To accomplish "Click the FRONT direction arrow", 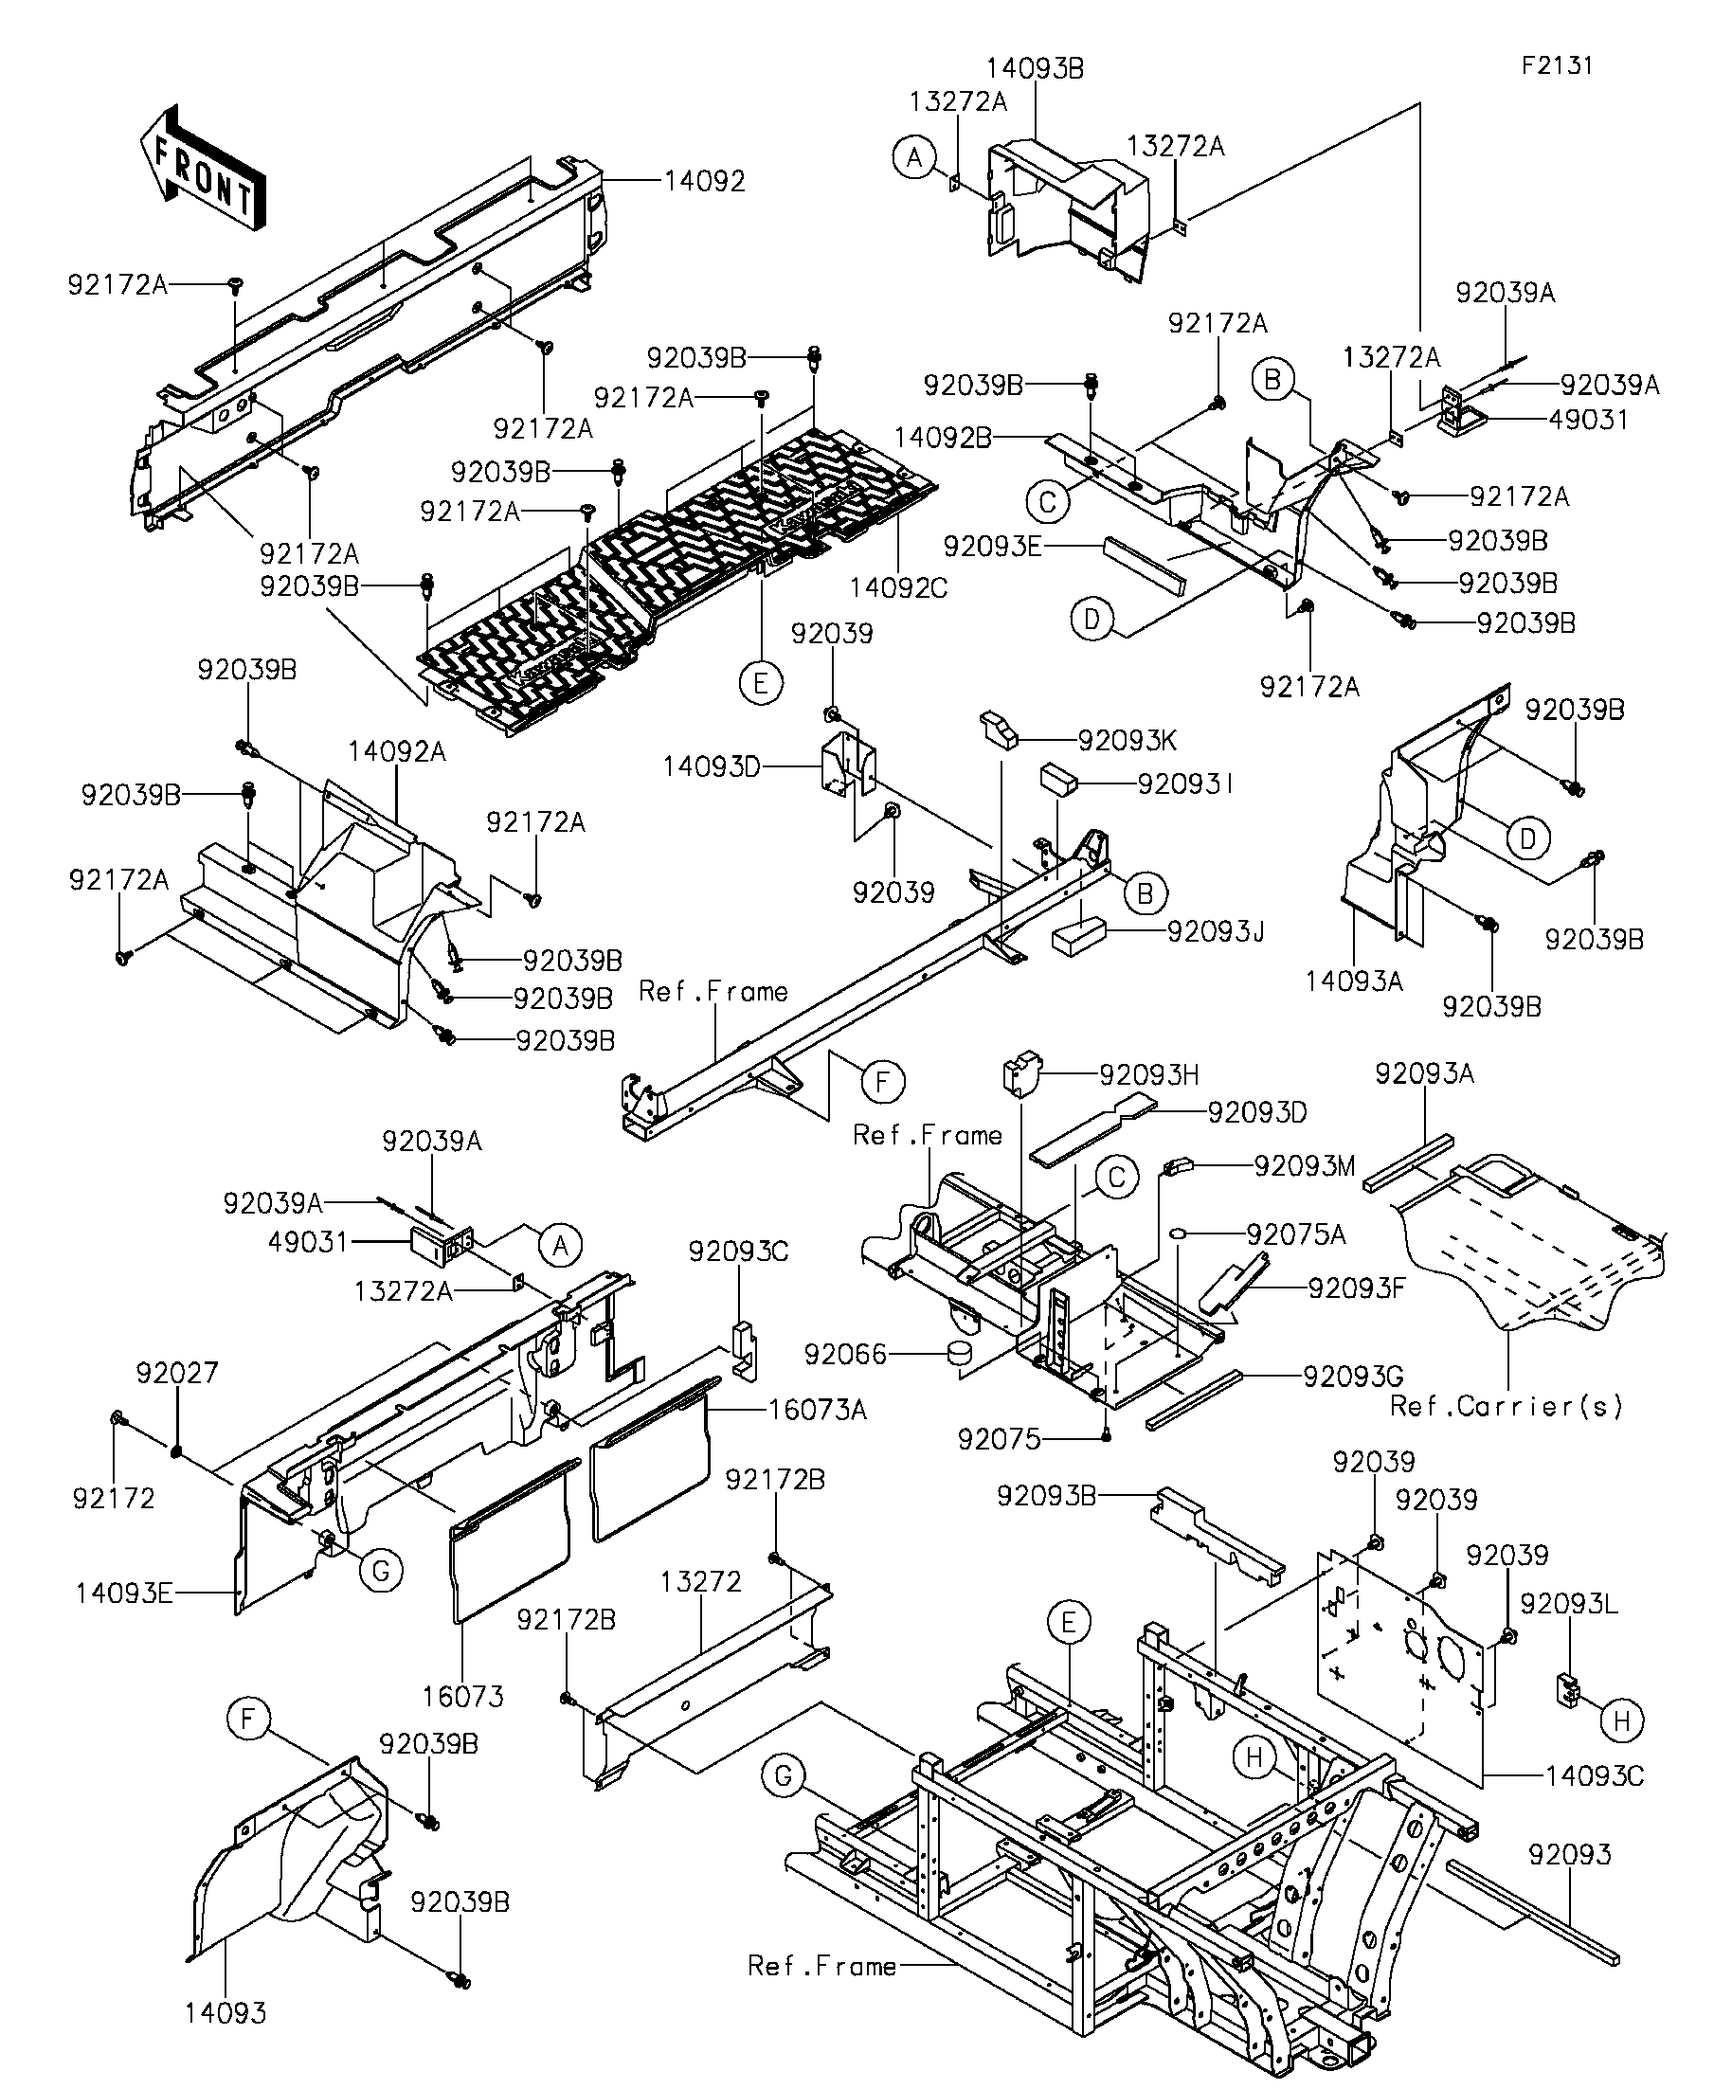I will tap(202, 168).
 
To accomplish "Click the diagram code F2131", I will tap(1557, 65).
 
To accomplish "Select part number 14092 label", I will tap(704, 181).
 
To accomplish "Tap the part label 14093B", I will tap(1035, 68).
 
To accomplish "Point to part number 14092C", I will tap(898, 588).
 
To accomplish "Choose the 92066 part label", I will tap(845, 1354).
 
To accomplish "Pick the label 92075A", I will tap(1295, 1234).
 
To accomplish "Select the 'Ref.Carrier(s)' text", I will tap(1506, 1406).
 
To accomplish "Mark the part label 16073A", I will tap(817, 1410).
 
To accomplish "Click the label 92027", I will tap(177, 1374).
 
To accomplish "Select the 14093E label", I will tap(124, 1594).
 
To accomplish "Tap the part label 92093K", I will tap(1128, 740).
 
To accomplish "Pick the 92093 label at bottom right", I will tap(1569, 1854).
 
